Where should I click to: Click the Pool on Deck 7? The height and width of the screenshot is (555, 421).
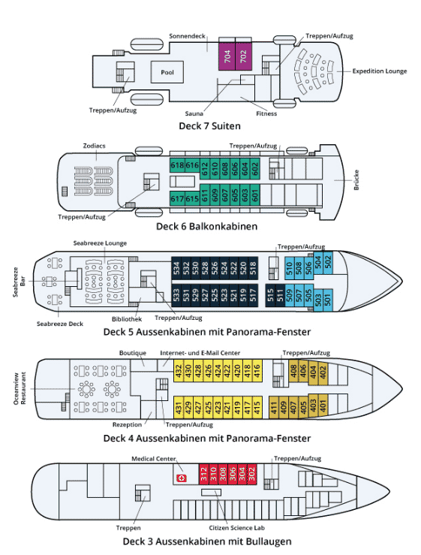coord(167,72)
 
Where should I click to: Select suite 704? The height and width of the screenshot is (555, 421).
coord(227,56)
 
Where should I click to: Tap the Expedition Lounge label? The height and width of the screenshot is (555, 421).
coord(379,71)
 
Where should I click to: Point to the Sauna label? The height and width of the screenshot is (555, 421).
coord(194,113)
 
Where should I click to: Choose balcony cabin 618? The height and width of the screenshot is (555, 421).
coord(177,165)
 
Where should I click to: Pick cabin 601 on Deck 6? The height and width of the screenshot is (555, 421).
coord(254,195)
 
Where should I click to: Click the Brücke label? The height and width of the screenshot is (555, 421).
coord(356,179)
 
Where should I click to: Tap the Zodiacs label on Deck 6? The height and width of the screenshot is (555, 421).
coord(94,146)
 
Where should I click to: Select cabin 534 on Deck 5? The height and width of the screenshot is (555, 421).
coord(176,268)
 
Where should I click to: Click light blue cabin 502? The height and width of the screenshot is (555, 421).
coord(328,262)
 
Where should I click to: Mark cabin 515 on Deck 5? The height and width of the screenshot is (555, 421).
coord(270,295)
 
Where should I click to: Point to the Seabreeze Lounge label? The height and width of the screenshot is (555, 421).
coord(100,243)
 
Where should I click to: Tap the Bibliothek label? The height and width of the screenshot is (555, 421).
coord(127,319)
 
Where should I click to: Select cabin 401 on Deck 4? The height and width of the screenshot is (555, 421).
coord(323,404)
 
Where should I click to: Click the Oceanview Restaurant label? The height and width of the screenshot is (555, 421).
coord(20,388)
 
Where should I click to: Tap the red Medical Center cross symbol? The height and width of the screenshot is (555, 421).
coord(182,478)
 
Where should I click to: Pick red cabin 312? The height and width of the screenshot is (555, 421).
coord(203,475)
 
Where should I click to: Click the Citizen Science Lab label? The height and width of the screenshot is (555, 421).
coord(236,528)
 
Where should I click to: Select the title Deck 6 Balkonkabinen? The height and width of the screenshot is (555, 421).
coord(206,227)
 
